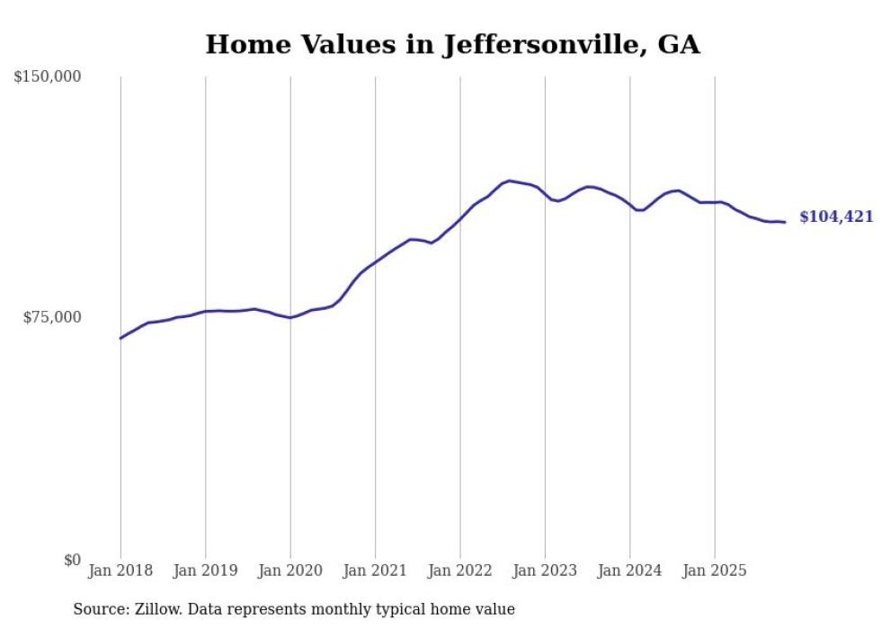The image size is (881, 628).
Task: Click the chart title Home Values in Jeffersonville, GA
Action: [452, 44]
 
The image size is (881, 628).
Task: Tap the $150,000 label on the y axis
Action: [48, 77]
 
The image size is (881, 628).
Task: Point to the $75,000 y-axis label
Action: [51, 317]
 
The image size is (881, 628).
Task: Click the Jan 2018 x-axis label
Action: [120, 571]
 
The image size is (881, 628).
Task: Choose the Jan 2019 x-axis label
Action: [205, 571]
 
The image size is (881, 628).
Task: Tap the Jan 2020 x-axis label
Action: [290, 571]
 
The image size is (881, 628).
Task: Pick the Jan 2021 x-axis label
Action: [375, 571]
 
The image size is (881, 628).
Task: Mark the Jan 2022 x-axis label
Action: [460, 571]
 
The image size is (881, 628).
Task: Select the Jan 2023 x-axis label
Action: [545, 571]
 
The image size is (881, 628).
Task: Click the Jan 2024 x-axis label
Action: [630, 571]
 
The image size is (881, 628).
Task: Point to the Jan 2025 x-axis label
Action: [715, 571]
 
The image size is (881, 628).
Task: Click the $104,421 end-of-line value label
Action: [836, 217]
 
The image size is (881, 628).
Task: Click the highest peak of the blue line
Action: [510, 181]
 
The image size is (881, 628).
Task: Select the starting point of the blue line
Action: [120, 338]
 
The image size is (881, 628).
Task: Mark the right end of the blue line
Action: [785, 222]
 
